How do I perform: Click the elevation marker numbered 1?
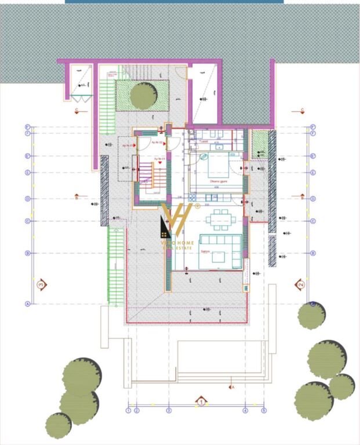[x=201, y=400]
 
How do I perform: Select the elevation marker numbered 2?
[x=300, y=284]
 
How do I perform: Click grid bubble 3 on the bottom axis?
[x=169, y=410]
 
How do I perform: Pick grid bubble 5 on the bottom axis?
[x=264, y=410]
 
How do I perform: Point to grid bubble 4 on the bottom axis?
[x=245, y=410]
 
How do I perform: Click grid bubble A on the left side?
[x=27, y=303]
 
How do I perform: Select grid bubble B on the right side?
[x=313, y=253]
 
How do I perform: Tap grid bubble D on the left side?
[x=27, y=199]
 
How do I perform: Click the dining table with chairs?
[x=220, y=220]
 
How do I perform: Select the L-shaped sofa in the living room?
[x=220, y=251]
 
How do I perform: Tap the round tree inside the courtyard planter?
[x=143, y=96]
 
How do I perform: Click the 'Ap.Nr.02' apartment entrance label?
[x=157, y=141]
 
